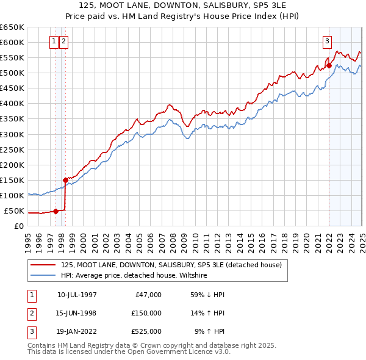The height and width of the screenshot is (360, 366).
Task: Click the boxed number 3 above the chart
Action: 328,41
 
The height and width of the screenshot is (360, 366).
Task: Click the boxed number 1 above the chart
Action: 54,41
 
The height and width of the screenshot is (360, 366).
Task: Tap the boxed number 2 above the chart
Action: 63,41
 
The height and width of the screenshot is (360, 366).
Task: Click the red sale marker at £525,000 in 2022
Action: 329,65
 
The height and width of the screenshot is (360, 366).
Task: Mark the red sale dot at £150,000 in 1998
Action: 65,180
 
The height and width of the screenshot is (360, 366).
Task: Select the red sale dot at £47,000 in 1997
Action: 56,211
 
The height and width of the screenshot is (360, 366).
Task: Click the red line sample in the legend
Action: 43,265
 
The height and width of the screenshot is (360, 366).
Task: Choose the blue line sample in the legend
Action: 43,276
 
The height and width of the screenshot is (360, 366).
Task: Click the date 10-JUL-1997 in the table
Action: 77,295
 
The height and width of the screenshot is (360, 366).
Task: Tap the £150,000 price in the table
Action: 146,313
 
